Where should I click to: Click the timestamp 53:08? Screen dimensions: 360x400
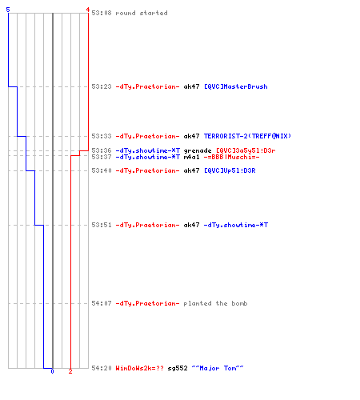click(102, 13)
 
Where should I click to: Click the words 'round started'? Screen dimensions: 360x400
click(142, 13)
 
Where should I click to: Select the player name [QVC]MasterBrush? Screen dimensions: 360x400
click(236, 86)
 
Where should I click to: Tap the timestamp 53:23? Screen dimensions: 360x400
click(102, 86)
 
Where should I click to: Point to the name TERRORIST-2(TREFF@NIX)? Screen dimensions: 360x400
click(247, 136)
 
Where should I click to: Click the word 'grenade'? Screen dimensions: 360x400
click(198, 150)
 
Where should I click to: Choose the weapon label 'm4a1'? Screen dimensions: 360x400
click(191, 157)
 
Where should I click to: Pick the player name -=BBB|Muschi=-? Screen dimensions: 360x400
click(231, 157)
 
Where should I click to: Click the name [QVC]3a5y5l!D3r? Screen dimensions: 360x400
click(246, 150)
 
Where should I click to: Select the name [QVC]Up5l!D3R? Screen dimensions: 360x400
click(230, 170)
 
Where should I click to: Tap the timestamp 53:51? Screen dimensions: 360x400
click(102, 225)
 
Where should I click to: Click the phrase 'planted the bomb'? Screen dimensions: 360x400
click(215, 303)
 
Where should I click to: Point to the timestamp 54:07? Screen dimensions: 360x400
click(102, 303)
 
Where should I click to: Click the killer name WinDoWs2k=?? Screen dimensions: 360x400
click(139, 368)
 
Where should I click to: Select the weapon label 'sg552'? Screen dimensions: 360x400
click(178, 368)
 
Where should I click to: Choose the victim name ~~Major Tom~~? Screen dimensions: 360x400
click(218, 368)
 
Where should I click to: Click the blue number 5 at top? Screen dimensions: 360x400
click(8, 10)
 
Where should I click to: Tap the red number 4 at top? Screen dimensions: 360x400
click(88, 10)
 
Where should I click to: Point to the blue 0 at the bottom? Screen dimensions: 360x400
click(52, 371)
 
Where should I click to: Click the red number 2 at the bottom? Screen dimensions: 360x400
click(70, 371)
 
